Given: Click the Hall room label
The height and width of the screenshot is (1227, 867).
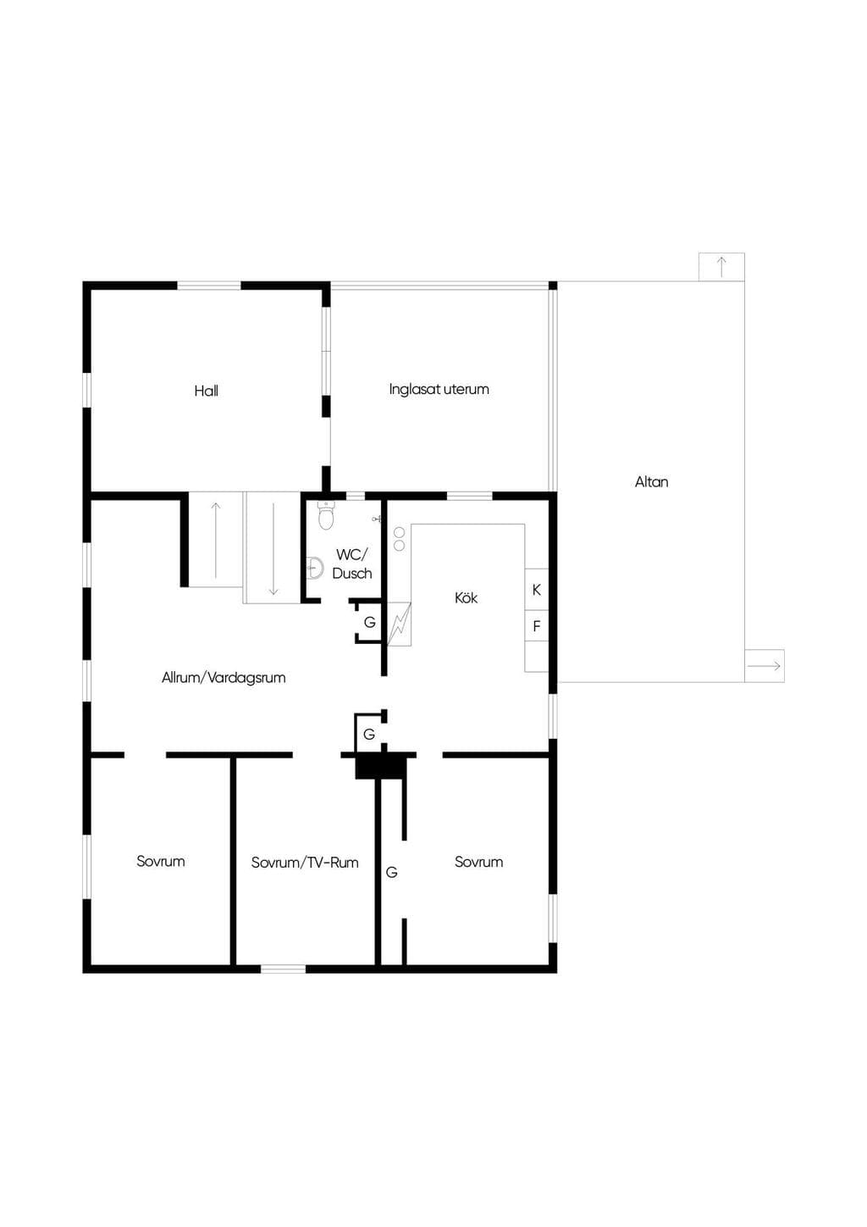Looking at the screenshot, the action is [x=207, y=391].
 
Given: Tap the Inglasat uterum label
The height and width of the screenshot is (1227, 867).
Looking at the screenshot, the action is [x=439, y=390].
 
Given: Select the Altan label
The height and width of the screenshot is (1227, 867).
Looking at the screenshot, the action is [x=651, y=482].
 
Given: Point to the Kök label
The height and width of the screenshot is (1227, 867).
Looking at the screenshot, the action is [x=466, y=597].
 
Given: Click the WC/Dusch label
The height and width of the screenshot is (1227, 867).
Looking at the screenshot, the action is [x=352, y=564].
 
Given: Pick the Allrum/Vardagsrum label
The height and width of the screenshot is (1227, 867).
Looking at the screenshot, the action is [x=224, y=678].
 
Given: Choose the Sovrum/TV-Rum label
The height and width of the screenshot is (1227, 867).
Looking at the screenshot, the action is [x=305, y=863].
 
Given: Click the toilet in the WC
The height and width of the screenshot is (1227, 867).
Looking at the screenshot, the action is [x=326, y=515].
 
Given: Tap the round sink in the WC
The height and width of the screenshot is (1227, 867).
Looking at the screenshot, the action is [x=315, y=568].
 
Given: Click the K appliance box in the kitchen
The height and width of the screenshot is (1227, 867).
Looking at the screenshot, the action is [x=537, y=590].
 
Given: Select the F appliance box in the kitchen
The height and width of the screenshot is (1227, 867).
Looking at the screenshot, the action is [x=537, y=625].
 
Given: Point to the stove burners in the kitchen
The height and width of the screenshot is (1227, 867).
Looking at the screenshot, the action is [x=400, y=539].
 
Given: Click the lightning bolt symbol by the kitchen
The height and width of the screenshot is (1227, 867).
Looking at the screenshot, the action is [x=399, y=624].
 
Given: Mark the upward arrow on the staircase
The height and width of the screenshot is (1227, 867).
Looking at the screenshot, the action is [x=216, y=540].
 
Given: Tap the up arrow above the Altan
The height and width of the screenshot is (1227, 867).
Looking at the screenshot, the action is [x=722, y=266].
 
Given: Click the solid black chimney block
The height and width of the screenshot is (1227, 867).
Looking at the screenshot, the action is [x=382, y=766].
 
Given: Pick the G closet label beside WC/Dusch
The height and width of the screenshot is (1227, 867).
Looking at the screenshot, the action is [x=370, y=622].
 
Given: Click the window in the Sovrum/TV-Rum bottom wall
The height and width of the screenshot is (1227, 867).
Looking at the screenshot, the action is [x=283, y=969].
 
